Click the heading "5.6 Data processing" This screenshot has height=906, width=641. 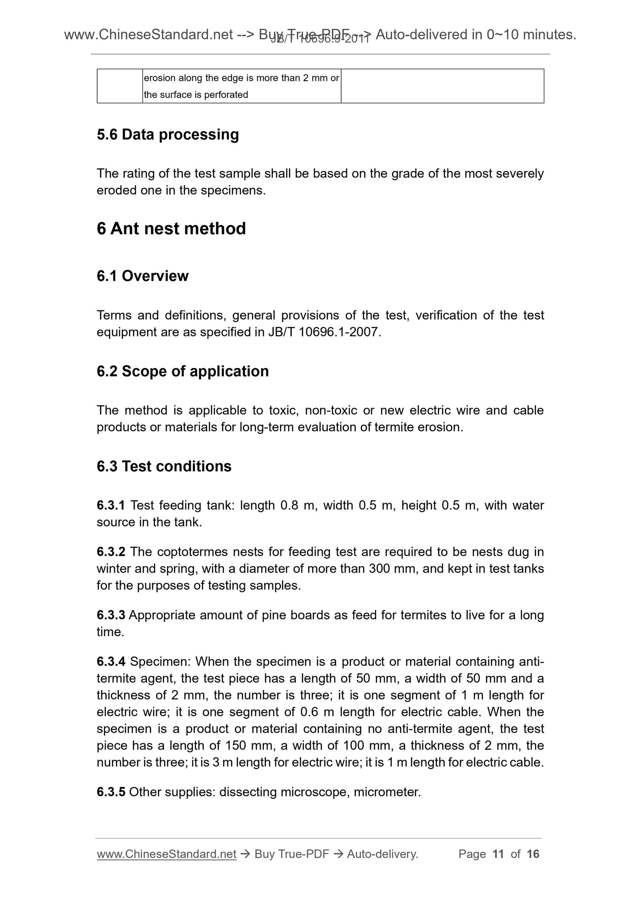click(x=168, y=134)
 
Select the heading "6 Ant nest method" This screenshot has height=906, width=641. click(x=171, y=229)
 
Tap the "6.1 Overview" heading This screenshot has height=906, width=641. click(x=142, y=276)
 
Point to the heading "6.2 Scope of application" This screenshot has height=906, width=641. click(x=183, y=371)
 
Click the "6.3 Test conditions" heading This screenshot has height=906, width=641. click(x=164, y=466)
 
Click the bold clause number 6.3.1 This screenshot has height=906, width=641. click(x=111, y=505)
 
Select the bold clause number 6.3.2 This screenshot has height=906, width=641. click(x=111, y=552)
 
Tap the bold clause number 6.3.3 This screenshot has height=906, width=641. click(x=111, y=615)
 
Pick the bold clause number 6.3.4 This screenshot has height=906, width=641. click(x=111, y=662)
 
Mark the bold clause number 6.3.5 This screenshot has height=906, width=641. click(x=111, y=792)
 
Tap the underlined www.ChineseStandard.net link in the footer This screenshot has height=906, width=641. click(x=166, y=854)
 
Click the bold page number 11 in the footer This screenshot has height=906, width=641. click(x=498, y=854)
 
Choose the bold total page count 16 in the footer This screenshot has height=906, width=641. click(x=533, y=854)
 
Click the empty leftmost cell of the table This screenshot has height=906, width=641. click(x=120, y=86)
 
